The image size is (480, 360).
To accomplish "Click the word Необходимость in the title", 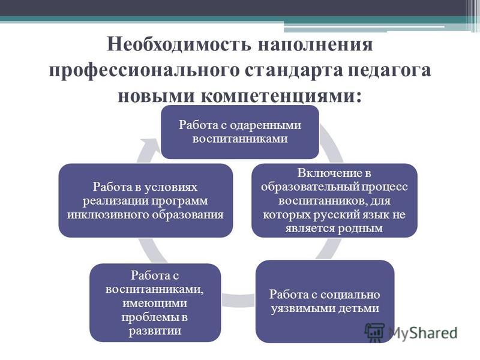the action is [x=179, y=44].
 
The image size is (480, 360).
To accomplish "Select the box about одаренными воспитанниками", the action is [x=240, y=132].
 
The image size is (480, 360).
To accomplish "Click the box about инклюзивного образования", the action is [x=145, y=200].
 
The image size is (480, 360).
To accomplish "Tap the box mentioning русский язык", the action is [x=334, y=200].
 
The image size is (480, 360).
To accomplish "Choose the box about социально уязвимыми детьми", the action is [x=325, y=302].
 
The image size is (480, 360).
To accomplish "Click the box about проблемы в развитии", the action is [x=155, y=303].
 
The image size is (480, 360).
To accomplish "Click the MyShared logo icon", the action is [x=374, y=332].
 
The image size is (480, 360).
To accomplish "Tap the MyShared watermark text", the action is [x=423, y=333].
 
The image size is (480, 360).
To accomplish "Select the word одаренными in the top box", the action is [x=265, y=125].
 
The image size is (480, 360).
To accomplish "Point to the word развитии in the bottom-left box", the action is [x=155, y=331].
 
